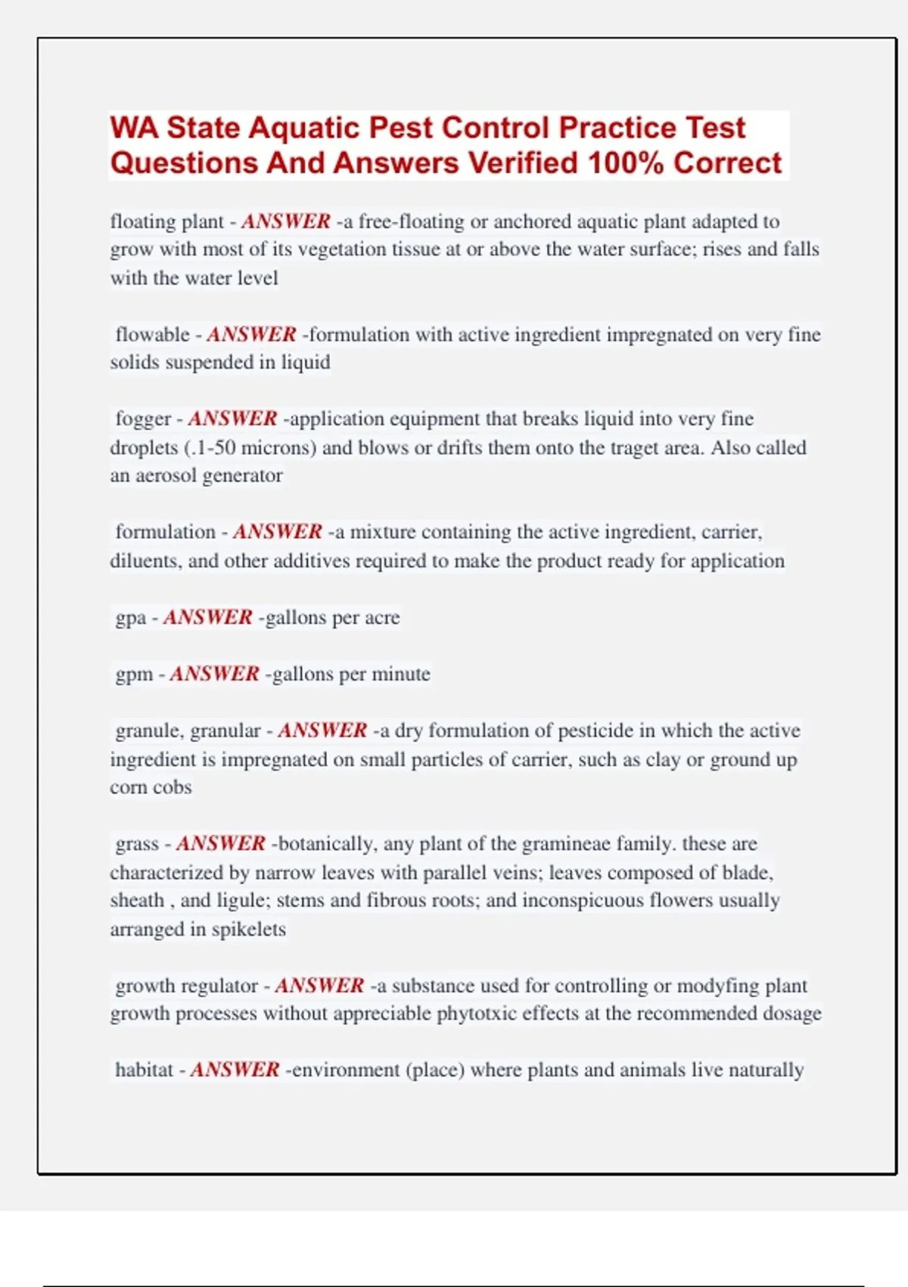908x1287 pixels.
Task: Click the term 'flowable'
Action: [152, 335]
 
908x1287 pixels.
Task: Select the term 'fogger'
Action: [143, 419]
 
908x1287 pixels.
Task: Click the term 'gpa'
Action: [130, 618]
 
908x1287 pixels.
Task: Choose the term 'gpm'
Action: [134, 674]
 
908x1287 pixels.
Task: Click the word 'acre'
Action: [382, 618]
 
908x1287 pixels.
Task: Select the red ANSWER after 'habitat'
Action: [235, 1070]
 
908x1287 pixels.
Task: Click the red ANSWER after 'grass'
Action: [221, 843]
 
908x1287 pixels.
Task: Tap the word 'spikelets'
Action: [248, 929]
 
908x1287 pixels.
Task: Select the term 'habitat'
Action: [144, 1070]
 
